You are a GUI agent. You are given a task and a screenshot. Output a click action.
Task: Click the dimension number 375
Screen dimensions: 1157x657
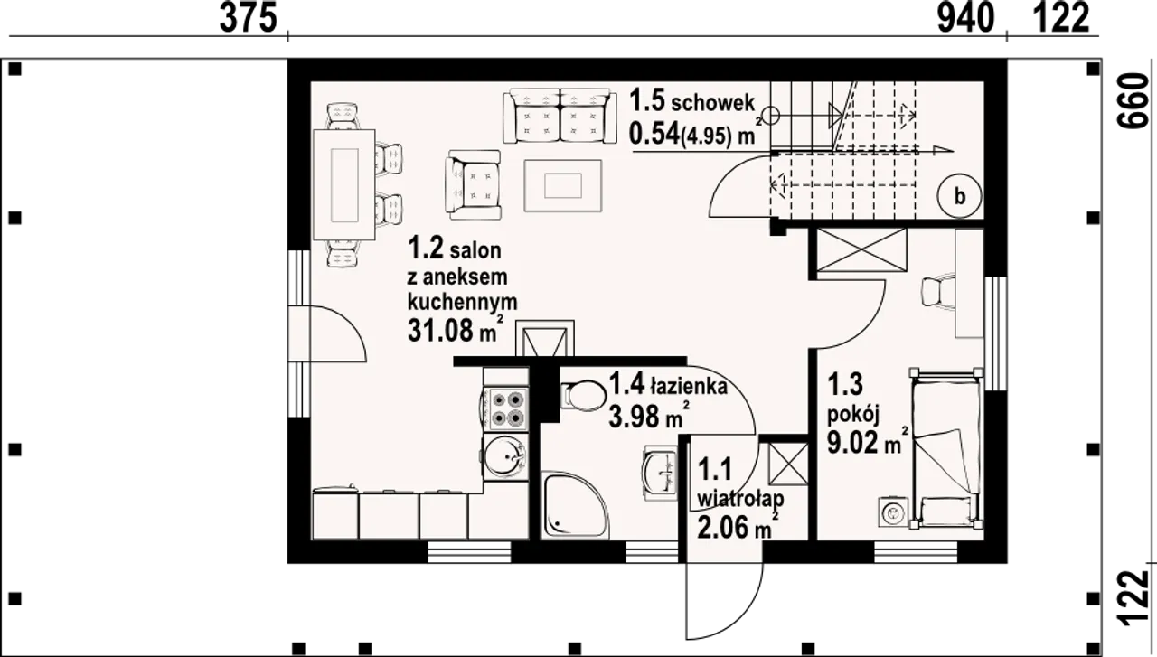tap(249, 19)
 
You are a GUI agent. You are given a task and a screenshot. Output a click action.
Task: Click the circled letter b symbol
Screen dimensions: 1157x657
tap(960, 196)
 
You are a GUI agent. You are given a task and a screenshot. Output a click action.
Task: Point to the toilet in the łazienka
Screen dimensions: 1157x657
tap(583, 396)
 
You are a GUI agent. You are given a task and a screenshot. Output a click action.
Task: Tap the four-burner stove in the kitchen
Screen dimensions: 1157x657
tap(507, 409)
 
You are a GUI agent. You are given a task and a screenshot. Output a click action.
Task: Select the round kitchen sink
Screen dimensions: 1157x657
tap(505, 457)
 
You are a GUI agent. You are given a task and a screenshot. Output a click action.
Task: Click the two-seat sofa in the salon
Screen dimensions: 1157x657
tap(560, 117)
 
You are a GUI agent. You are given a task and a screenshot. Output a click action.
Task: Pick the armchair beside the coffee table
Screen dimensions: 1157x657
tap(473, 184)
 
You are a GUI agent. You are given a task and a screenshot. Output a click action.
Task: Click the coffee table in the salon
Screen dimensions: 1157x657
tap(563, 185)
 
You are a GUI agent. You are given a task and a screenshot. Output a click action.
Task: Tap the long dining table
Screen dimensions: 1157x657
tap(344, 185)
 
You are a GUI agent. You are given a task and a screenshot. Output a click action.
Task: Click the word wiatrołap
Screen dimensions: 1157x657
tap(740, 499)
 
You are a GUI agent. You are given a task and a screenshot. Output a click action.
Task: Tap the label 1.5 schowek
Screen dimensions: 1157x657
tap(692, 101)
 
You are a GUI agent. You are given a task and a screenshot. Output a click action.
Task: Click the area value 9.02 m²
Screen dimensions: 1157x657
tap(868, 441)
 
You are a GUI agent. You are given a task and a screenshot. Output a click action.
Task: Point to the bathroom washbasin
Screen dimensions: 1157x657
tap(660, 473)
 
